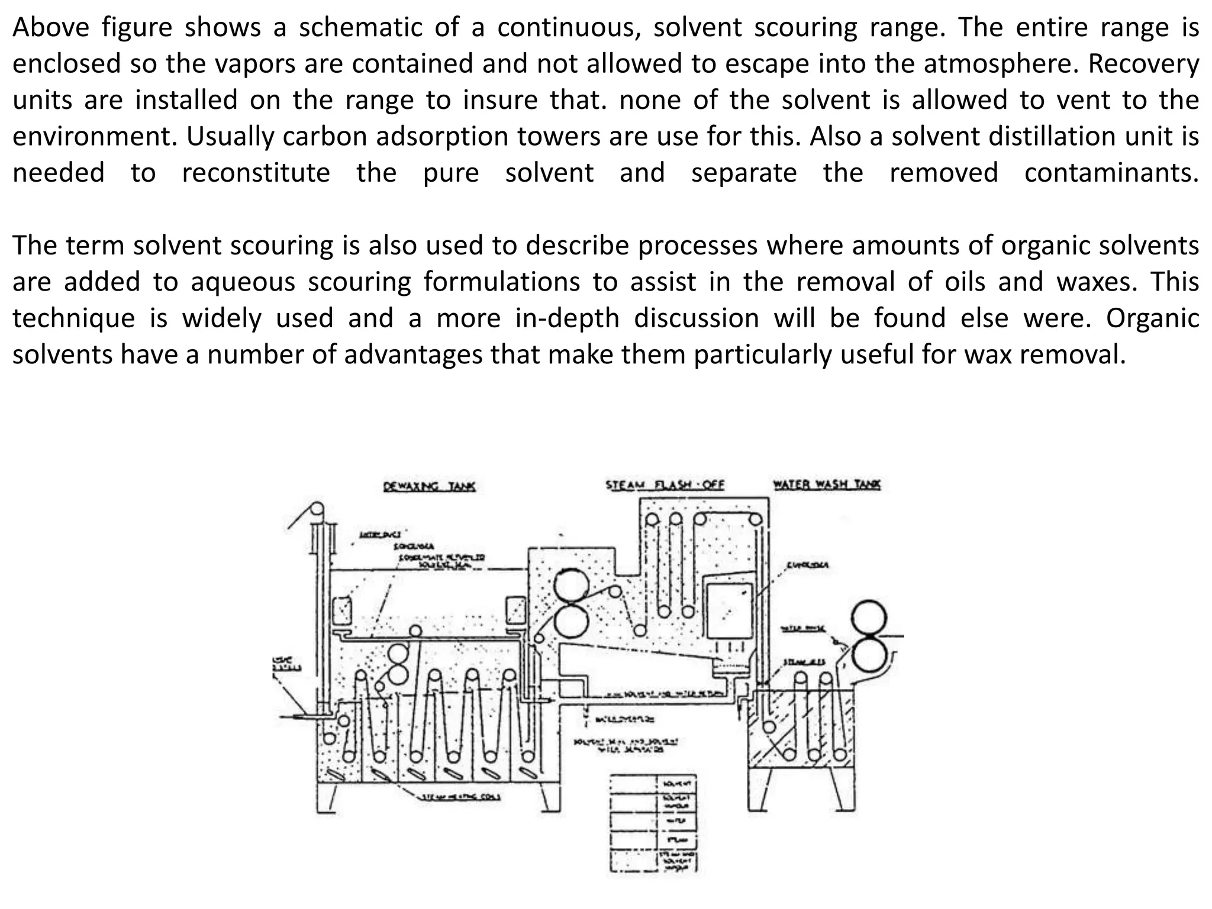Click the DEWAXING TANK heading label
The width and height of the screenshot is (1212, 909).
(430, 486)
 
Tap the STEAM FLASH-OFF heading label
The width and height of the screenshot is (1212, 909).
(665, 485)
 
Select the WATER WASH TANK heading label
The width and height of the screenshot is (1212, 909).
(827, 485)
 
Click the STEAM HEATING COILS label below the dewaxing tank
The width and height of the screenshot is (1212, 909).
(461, 797)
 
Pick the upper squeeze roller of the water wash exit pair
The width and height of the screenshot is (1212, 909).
(869, 618)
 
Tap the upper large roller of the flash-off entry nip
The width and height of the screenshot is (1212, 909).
(572, 586)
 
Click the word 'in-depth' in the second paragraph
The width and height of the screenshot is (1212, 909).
(567, 318)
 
